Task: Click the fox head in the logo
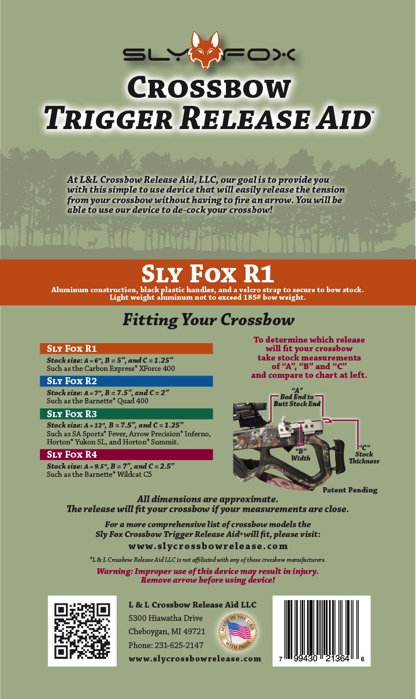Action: pyautogui.click(x=207, y=50)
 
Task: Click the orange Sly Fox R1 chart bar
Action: pyautogui.click(x=126, y=348)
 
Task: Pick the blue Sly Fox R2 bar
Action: pyautogui.click(x=126, y=381)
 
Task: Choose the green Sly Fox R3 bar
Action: pyautogui.click(x=126, y=414)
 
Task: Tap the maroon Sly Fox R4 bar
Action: pyautogui.click(x=126, y=454)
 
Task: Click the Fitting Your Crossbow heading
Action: pyautogui.click(x=208, y=320)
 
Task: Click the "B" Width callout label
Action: pyautogui.click(x=300, y=454)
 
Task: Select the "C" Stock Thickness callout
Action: pyautogui.click(x=364, y=454)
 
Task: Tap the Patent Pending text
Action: pyautogui.click(x=350, y=490)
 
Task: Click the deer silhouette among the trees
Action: pyautogui.click(x=93, y=242)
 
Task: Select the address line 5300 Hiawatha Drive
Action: pyautogui.click(x=165, y=618)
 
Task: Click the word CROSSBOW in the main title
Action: pyautogui.click(x=209, y=88)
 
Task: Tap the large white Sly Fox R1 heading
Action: pyautogui.click(x=208, y=274)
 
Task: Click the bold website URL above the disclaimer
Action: pyautogui.click(x=208, y=546)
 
